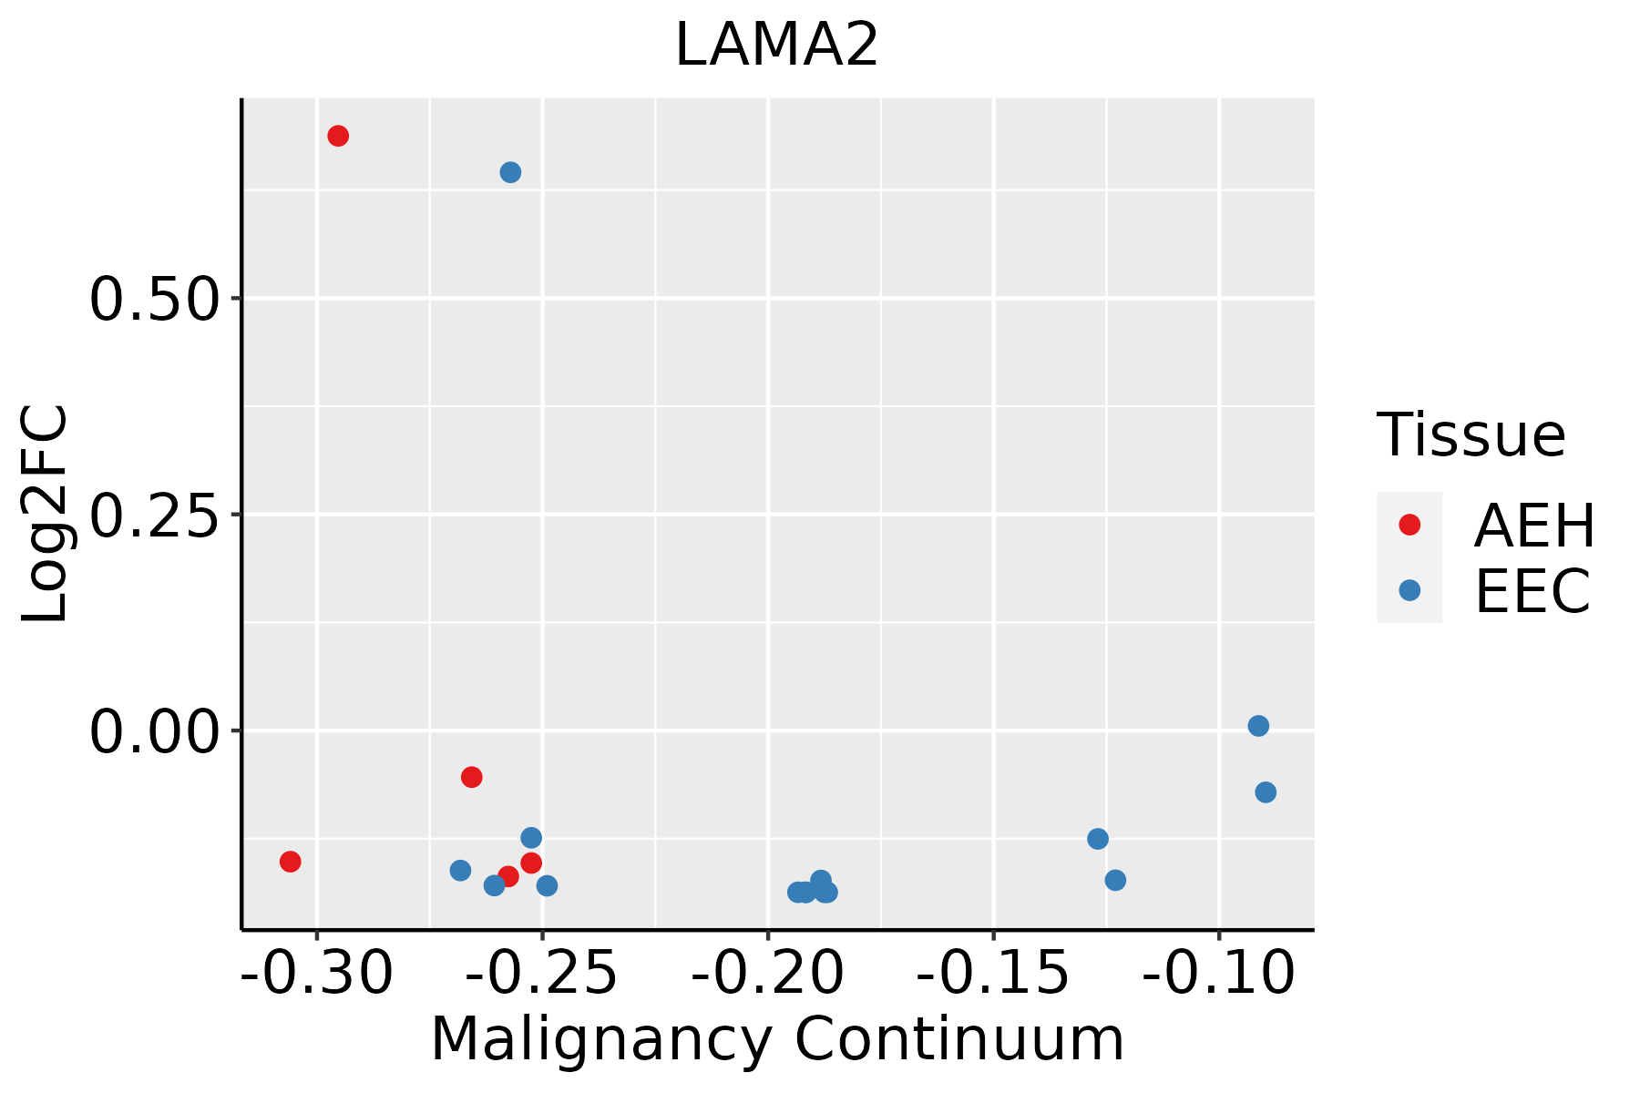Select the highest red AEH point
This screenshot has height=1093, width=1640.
[x=338, y=137]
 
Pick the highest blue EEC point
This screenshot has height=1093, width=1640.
[x=510, y=172]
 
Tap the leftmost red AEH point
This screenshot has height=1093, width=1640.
[x=291, y=862]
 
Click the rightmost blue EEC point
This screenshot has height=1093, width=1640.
[x=1266, y=792]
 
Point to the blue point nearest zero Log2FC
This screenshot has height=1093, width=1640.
[x=1258, y=726]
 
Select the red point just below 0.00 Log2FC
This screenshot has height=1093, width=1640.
[x=471, y=777]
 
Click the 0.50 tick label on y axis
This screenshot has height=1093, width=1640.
[x=155, y=300]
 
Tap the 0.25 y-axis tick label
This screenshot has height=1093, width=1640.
[x=155, y=516]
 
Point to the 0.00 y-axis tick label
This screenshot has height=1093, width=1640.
[x=155, y=732]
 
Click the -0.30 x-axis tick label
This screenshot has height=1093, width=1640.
[x=317, y=973]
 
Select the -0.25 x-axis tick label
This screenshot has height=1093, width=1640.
[x=542, y=973]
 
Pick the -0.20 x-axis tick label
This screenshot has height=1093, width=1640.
[x=767, y=973]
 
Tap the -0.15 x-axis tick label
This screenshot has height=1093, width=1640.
[x=992, y=973]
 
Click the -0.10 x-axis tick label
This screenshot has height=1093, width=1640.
[x=1218, y=973]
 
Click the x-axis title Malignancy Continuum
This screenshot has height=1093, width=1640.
[x=777, y=1038]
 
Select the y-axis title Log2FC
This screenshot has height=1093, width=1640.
[x=46, y=514]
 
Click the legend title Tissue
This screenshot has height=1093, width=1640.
[x=1471, y=435]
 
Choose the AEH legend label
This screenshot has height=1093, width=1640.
[x=1534, y=526]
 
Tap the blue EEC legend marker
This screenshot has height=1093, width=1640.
[x=1409, y=590]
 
